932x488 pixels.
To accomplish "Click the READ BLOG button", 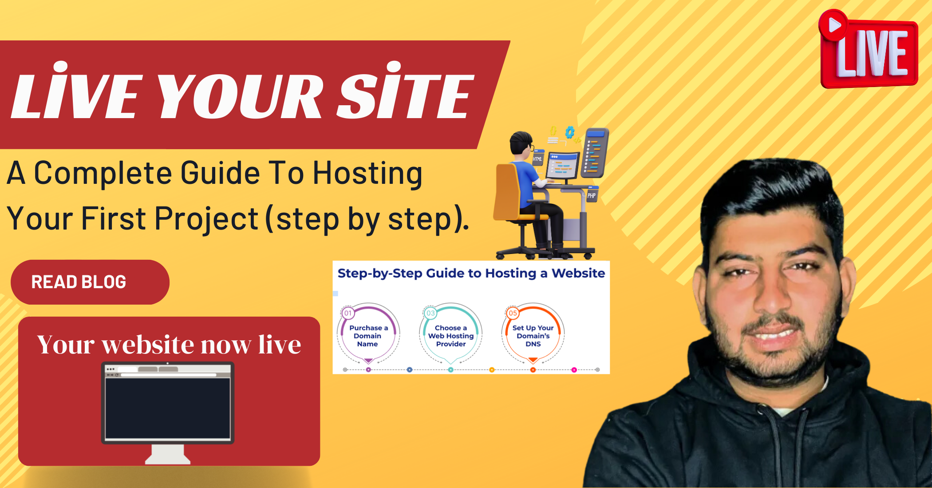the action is [x=90, y=282].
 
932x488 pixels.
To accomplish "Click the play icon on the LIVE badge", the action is [x=833, y=24].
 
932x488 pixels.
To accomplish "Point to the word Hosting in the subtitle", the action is [x=367, y=174].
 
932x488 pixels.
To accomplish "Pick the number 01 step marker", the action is [x=348, y=313].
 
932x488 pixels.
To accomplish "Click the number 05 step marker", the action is [x=513, y=313].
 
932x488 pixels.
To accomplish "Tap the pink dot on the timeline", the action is [x=574, y=370].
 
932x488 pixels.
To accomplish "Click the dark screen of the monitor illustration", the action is [x=168, y=408].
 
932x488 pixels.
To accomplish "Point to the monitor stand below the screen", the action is [x=168, y=454].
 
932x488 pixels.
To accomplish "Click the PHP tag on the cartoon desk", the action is [x=592, y=195].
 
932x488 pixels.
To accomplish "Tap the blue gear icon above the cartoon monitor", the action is [x=570, y=132].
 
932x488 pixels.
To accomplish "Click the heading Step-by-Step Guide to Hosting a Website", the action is [x=471, y=274].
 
